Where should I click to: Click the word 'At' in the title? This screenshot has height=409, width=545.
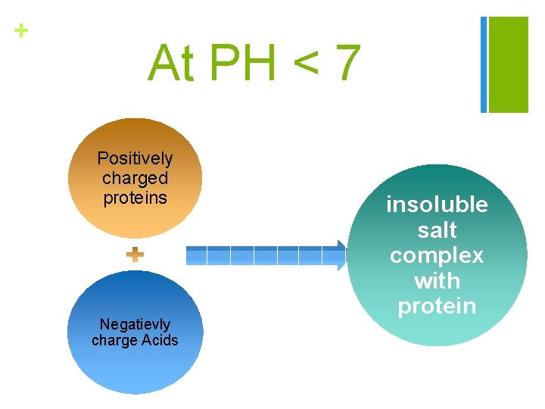[172, 63]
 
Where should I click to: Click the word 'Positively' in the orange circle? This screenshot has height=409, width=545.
[135, 159]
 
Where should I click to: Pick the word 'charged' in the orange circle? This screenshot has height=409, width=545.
[135, 178]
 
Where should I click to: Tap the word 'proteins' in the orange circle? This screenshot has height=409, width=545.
[135, 197]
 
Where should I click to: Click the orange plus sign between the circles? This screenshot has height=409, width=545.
[135, 255]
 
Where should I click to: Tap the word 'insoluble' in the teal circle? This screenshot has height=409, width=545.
[437, 204]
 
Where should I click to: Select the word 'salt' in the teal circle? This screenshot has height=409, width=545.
[437, 230]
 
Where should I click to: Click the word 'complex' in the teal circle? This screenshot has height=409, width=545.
[437, 255]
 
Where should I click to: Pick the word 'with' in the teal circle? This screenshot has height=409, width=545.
[437, 281]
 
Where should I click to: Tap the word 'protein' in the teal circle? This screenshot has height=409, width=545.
[437, 306]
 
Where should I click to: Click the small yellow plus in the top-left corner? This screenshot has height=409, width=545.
[21, 30]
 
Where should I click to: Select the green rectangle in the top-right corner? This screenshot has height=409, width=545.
[508, 64]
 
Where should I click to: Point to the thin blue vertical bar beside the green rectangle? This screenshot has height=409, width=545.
[484, 64]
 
